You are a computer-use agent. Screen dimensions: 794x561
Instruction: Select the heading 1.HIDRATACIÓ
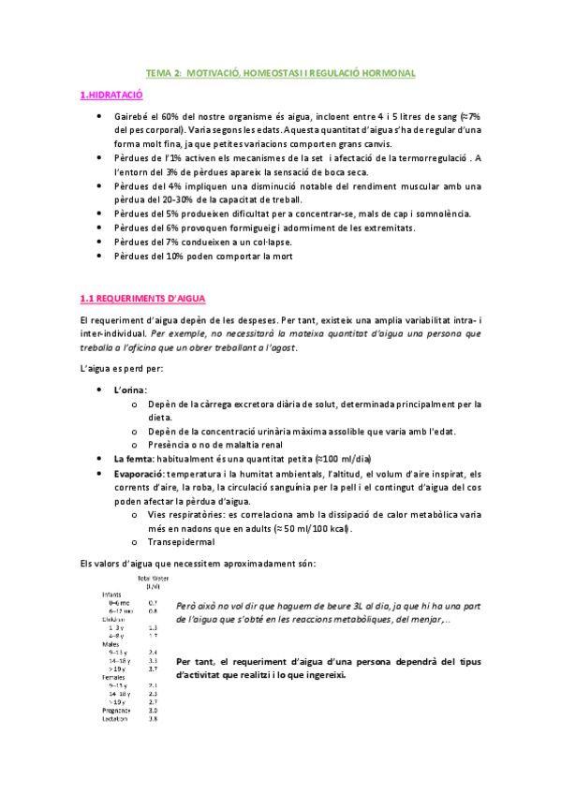tap(111, 95)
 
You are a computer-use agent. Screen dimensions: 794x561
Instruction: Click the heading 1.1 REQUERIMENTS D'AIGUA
tap(136, 299)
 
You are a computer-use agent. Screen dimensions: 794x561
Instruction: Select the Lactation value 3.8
tap(153, 719)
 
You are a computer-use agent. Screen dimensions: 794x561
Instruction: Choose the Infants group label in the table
tap(113, 594)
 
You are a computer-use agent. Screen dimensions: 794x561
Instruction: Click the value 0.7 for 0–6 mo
tap(153, 602)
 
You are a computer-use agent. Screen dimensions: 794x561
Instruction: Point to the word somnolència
tap(446, 213)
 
